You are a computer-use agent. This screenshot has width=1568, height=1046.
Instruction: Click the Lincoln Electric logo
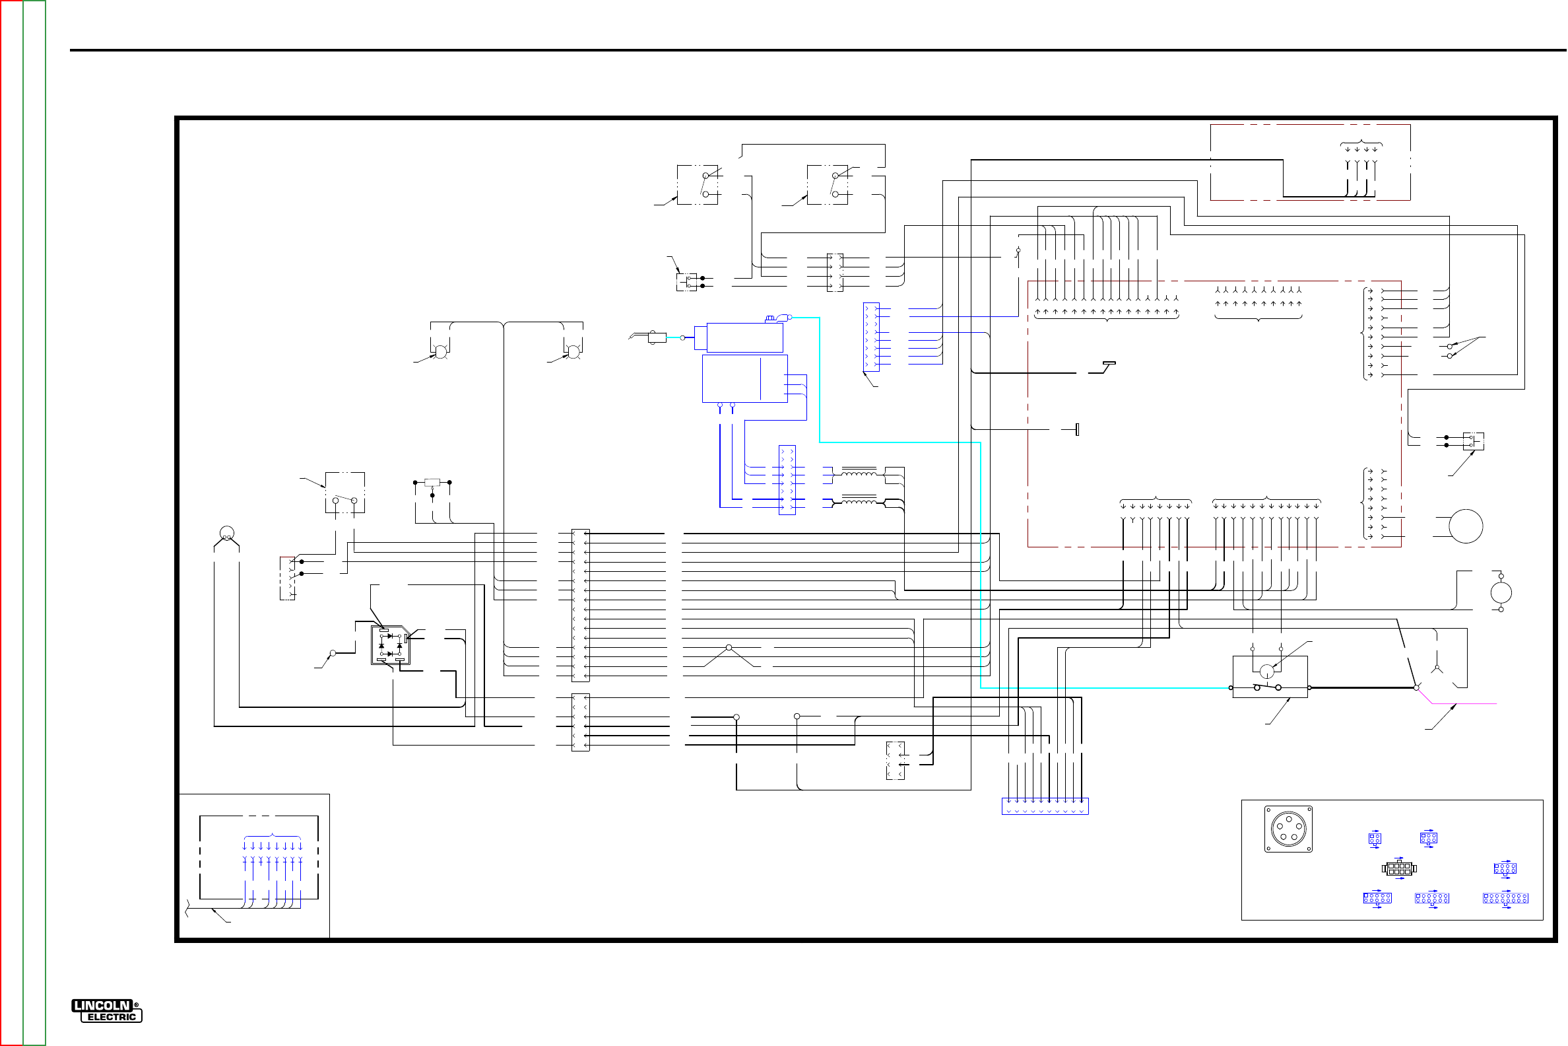click(107, 1010)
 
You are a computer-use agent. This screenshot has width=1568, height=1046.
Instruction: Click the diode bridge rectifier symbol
click(391, 645)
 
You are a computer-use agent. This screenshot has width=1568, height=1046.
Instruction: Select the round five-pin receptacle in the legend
click(1288, 829)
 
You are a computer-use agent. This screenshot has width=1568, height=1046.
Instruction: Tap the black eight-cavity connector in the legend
click(1398, 868)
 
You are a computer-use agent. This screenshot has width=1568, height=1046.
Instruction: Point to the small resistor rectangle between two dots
click(432, 482)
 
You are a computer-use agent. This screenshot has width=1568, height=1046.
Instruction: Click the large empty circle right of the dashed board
click(1465, 526)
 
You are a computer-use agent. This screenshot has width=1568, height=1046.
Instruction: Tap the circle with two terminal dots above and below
click(1501, 592)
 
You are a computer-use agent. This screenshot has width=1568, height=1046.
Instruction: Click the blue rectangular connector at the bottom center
click(1045, 806)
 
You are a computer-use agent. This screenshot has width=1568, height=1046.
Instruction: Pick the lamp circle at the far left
click(226, 533)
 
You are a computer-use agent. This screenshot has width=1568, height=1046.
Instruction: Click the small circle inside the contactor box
click(1266, 671)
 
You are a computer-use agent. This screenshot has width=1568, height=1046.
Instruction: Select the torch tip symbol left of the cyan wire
click(657, 337)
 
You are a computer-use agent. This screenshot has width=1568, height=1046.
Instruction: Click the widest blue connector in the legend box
click(1505, 899)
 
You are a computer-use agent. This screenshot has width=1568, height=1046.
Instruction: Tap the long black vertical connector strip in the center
click(580, 605)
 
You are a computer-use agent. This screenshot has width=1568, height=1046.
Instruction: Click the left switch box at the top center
click(698, 185)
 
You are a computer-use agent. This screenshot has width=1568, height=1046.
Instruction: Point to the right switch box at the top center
click(828, 185)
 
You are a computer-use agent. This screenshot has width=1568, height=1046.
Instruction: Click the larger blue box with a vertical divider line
click(744, 378)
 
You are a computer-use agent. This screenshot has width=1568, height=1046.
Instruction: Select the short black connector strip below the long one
click(580, 722)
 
